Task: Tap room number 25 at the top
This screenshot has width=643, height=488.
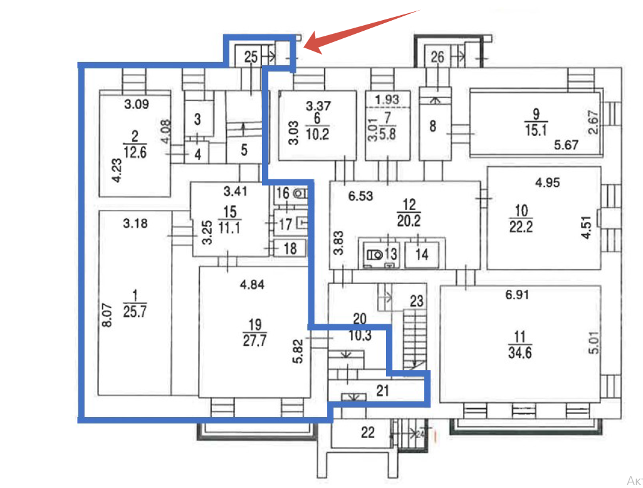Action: (251, 58)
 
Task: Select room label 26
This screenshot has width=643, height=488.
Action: (437, 58)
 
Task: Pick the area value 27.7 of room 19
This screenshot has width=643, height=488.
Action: (254, 340)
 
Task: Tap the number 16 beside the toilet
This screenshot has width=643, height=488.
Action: (283, 193)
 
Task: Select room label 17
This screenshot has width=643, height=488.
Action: (285, 223)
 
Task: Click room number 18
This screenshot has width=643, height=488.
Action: (290, 248)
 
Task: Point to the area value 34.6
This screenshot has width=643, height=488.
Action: (521, 353)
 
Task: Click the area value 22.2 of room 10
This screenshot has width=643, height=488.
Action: (521, 226)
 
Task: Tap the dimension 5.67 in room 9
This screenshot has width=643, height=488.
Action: (567, 146)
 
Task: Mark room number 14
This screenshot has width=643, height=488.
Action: (421, 255)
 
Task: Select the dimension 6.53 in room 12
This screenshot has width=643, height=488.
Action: (360, 196)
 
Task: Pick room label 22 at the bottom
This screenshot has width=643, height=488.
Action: (368, 432)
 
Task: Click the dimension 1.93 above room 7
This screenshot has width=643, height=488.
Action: (387, 98)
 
